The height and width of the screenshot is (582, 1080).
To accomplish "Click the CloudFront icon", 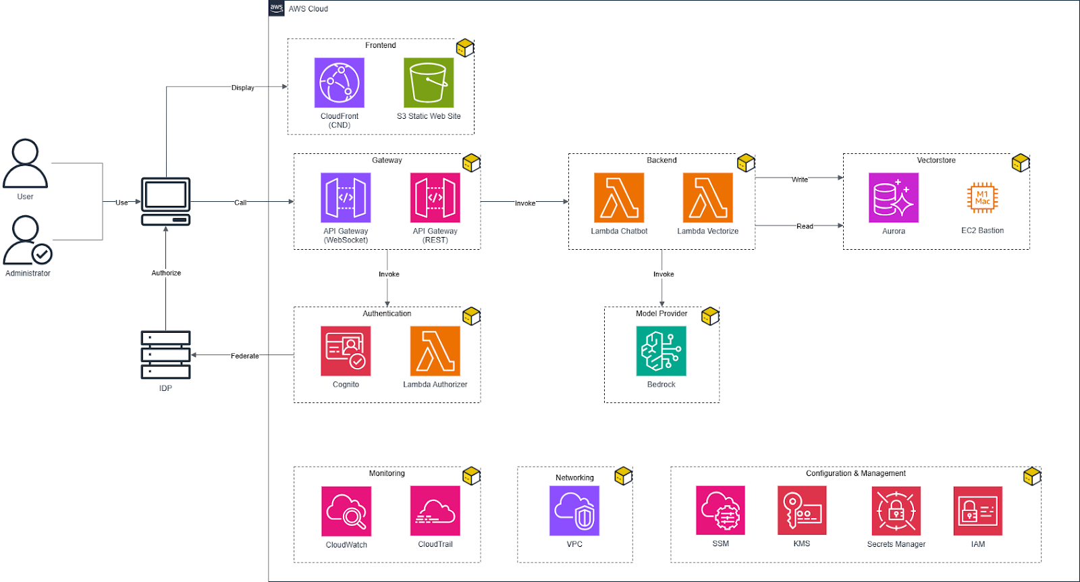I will point(340,82).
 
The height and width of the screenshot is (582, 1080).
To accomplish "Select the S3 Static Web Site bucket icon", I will point(429,82).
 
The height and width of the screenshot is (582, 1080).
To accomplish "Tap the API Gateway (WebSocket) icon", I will point(346,197).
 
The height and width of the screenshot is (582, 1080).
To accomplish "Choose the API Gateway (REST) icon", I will point(435,197).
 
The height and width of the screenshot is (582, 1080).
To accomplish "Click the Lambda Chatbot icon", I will point(619,197).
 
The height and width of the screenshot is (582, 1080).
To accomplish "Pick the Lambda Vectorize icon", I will point(708,197).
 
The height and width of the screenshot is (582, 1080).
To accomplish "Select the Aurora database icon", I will point(894,197).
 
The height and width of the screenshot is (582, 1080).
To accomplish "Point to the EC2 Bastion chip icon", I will point(982,198).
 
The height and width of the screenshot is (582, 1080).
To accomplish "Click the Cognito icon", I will point(346,351).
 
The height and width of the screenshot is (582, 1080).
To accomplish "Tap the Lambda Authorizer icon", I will point(435,351).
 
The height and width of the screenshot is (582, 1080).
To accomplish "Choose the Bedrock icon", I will point(661,351).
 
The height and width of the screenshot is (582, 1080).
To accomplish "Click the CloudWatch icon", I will point(346,511).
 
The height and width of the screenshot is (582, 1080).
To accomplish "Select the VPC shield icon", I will point(574,511).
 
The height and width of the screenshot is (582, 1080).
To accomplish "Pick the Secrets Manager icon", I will point(896,511).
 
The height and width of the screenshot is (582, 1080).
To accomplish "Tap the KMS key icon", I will point(802,511).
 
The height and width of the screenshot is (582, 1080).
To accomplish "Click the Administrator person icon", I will point(27,240).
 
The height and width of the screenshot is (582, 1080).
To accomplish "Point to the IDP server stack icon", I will point(165,354).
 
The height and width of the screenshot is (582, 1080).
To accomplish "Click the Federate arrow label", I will point(244,356).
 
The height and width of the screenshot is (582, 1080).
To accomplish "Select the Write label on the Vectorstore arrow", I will point(800,180).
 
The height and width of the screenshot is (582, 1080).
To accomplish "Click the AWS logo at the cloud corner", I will point(277,8).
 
